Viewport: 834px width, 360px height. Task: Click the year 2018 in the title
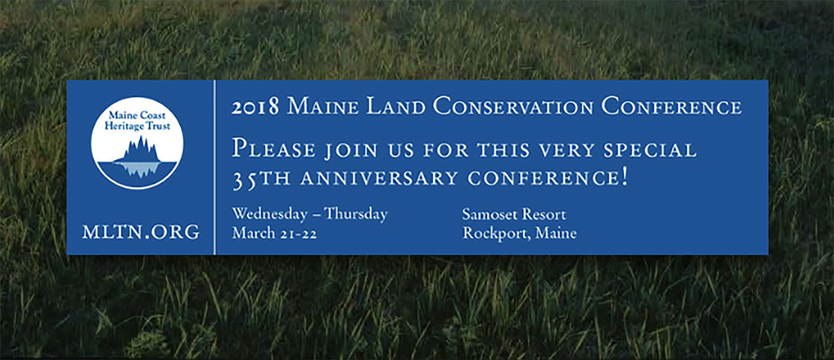[x=255, y=107]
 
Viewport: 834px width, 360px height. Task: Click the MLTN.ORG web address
[x=141, y=232]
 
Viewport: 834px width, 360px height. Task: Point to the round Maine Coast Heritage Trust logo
[x=137, y=143]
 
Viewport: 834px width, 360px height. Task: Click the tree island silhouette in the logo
[x=137, y=156]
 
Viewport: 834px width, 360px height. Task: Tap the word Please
[x=274, y=149]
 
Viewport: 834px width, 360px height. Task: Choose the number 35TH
[x=261, y=179]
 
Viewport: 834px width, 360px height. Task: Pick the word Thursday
[x=356, y=214]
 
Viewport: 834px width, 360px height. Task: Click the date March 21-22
[x=274, y=233]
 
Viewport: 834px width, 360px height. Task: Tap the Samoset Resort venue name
[x=514, y=214]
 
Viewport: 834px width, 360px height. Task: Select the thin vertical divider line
[x=215, y=167]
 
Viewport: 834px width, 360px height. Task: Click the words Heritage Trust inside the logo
[x=137, y=126]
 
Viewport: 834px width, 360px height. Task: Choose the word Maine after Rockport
[x=556, y=233]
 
